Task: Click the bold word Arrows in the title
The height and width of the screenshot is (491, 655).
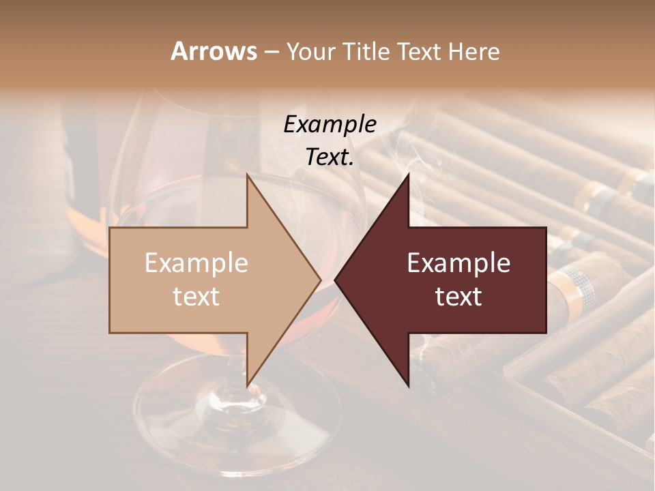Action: click(x=214, y=51)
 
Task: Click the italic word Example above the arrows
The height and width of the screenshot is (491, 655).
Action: click(x=330, y=124)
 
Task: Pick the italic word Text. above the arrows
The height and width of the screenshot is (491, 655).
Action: click(x=330, y=157)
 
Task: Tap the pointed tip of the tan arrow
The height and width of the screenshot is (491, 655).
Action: click(x=320, y=280)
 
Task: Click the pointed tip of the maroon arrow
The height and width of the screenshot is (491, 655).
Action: click(x=336, y=280)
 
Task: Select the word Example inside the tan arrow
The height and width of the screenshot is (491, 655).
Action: click(x=196, y=263)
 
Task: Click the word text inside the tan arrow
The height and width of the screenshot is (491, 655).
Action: click(x=196, y=297)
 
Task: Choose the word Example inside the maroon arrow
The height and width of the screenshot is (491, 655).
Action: click(x=458, y=263)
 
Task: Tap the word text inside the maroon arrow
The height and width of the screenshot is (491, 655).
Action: click(x=458, y=297)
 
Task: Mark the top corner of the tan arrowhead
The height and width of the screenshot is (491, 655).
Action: click(x=248, y=175)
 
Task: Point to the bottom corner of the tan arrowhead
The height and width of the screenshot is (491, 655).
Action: click(x=248, y=385)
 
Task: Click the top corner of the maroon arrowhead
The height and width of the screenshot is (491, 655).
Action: click(x=408, y=175)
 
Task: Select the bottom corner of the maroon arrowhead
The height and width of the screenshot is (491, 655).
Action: click(x=408, y=385)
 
